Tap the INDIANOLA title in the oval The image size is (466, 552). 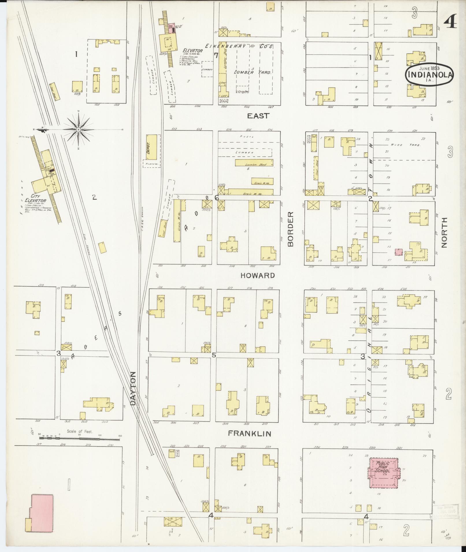(429, 74)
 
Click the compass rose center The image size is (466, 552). (78, 130)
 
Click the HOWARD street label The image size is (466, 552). (257, 276)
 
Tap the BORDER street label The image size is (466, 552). (290, 229)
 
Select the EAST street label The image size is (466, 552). (258, 116)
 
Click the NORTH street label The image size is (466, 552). (444, 232)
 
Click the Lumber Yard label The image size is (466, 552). (253, 72)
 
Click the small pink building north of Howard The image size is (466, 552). (399, 252)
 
